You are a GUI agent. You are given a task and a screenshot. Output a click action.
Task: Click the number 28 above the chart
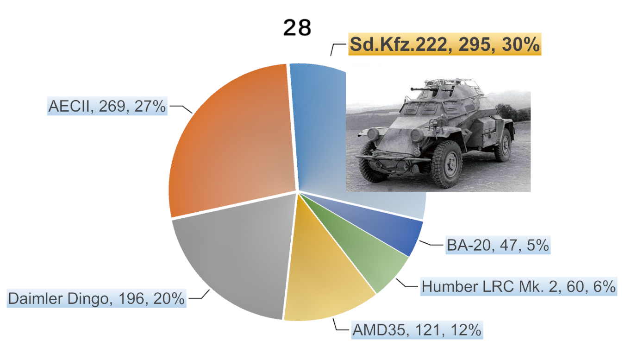(x=297, y=28)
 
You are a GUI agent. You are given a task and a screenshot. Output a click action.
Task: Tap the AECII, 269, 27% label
(x=107, y=106)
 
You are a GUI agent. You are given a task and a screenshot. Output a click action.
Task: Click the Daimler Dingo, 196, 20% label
(x=96, y=298)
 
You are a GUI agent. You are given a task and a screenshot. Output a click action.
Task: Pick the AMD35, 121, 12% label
(x=417, y=331)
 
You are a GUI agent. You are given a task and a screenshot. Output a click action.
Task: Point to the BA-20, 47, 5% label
(x=498, y=245)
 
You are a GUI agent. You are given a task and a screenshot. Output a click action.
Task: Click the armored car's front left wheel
(x=446, y=164)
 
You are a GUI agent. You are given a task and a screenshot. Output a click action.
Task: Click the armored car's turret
(x=444, y=93)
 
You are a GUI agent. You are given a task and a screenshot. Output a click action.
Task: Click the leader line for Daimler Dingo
(x=200, y=296)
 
